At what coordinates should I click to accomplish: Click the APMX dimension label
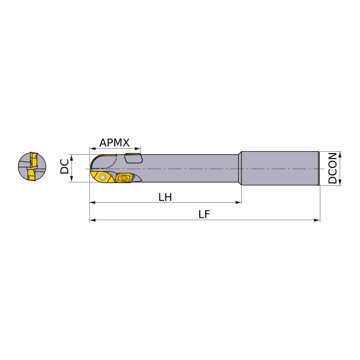(x=115, y=143)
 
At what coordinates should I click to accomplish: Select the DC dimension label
(x=65, y=166)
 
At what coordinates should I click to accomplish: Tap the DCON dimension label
(x=332, y=168)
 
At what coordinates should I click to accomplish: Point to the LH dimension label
(x=165, y=197)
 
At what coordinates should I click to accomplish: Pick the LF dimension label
(x=204, y=214)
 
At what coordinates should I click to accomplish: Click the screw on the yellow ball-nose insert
(x=102, y=177)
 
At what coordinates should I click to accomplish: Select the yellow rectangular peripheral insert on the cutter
(x=123, y=178)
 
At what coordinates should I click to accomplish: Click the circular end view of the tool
(x=32, y=166)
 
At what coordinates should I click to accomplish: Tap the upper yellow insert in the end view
(x=34, y=159)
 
